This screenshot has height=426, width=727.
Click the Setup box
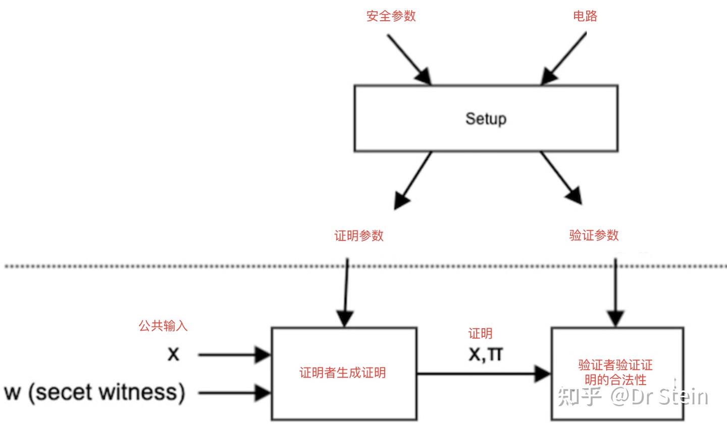(x=486, y=118)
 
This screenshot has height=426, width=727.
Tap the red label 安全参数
(x=391, y=16)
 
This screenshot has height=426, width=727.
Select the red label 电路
(x=585, y=16)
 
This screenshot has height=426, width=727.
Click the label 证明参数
(x=359, y=235)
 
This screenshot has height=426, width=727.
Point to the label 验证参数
(x=594, y=235)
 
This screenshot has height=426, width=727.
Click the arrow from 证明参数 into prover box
(x=346, y=292)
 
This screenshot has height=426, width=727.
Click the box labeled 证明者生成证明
(x=344, y=373)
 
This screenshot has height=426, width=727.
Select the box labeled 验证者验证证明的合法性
(x=616, y=373)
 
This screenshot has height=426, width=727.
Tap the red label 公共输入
(x=163, y=326)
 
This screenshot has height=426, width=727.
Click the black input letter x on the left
(x=173, y=354)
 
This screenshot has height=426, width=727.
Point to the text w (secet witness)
(x=95, y=392)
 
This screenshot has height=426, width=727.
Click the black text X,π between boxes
(x=485, y=354)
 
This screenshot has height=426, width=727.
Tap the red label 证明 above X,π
(x=480, y=334)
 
